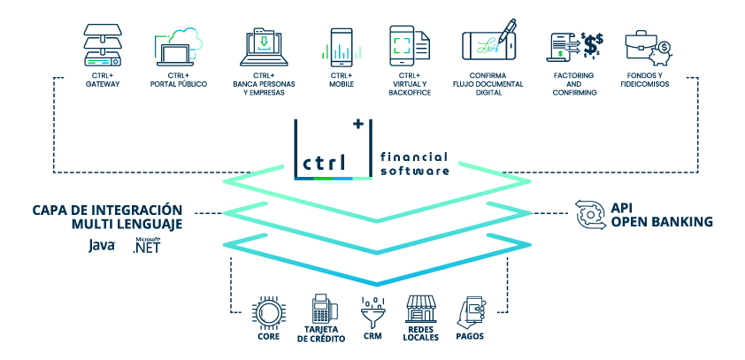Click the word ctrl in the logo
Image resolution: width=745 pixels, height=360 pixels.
(x=325, y=163)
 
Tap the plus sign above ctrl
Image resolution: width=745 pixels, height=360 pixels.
(x=358, y=124)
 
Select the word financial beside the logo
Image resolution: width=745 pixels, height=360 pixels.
(x=414, y=157)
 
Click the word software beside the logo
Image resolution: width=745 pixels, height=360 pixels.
(x=415, y=171)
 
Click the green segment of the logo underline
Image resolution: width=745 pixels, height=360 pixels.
(x=324, y=178)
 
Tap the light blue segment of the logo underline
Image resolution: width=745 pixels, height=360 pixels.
(x=343, y=178)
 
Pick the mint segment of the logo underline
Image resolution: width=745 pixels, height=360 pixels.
(x=362, y=178)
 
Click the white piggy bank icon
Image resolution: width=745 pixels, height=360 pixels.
(x=659, y=57)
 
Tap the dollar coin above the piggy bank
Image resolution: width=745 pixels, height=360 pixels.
(x=664, y=47)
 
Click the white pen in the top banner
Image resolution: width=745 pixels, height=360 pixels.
(x=506, y=31)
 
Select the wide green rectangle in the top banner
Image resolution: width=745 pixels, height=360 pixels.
(x=305, y=51)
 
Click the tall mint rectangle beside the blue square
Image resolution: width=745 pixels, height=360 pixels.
(x=357, y=52)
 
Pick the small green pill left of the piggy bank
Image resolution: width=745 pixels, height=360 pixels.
(x=557, y=53)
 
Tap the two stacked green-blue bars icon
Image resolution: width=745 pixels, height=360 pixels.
(x=400, y=46)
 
